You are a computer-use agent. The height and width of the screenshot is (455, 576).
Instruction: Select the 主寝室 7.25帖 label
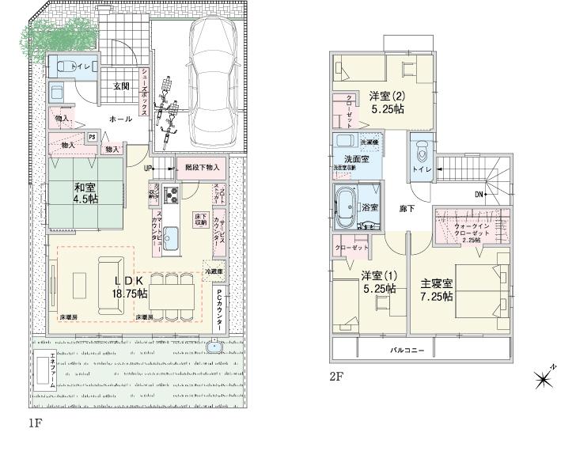tap(436, 290)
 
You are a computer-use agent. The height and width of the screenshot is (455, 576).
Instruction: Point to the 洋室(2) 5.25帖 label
tap(387, 102)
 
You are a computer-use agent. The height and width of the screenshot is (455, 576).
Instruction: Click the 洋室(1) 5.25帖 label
tap(378, 282)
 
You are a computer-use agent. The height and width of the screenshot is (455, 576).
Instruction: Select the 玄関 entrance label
tap(120, 86)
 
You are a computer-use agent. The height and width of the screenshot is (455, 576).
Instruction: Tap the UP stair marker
tap(148, 169)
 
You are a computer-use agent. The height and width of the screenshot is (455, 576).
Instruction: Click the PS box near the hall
tap(93, 135)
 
